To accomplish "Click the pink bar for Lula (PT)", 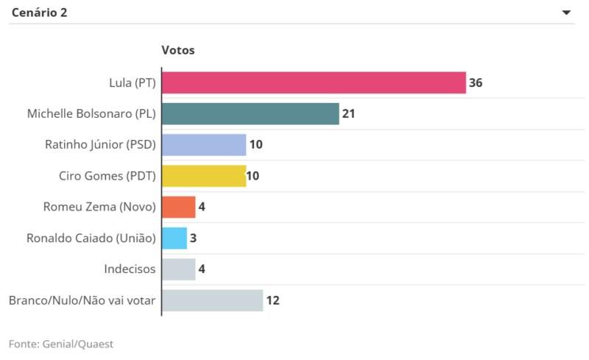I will pyautogui.click(x=314, y=82).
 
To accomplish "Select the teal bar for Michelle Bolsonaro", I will pyautogui.click(x=250, y=113).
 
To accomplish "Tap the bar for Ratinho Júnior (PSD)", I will pyautogui.click(x=204, y=145).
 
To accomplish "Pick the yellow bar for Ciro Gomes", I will pyautogui.click(x=204, y=176).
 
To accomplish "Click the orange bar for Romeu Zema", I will pyautogui.click(x=179, y=207).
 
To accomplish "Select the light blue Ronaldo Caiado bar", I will pyautogui.click(x=174, y=238).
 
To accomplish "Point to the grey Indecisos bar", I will pyautogui.click(x=179, y=269).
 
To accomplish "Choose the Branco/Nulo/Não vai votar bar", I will pyautogui.click(x=212, y=300).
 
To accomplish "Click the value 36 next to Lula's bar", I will pyautogui.click(x=476, y=82).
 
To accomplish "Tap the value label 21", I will pyautogui.click(x=349, y=113).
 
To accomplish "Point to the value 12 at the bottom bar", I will pyautogui.click(x=272, y=300).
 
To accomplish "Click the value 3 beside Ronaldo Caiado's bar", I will pyautogui.click(x=194, y=238).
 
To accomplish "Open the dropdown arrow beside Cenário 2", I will pyautogui.click(x=566, y=13).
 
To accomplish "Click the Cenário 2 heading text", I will pyautogui.click(x=40, y=13).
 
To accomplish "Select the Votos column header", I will pyautogui.click(x=177, y=50).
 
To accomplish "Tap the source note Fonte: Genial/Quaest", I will pyautogui.click(x=61, y=344).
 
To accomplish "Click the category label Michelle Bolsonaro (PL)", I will pyautogui.click(x=91, y=114).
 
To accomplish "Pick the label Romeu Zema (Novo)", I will pyautogui.click(x=100, y=207).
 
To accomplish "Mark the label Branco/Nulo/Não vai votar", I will pyautogui.click(x=82, y=300).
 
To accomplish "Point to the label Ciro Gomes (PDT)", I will pyautogui.click(x=107, y=176).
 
